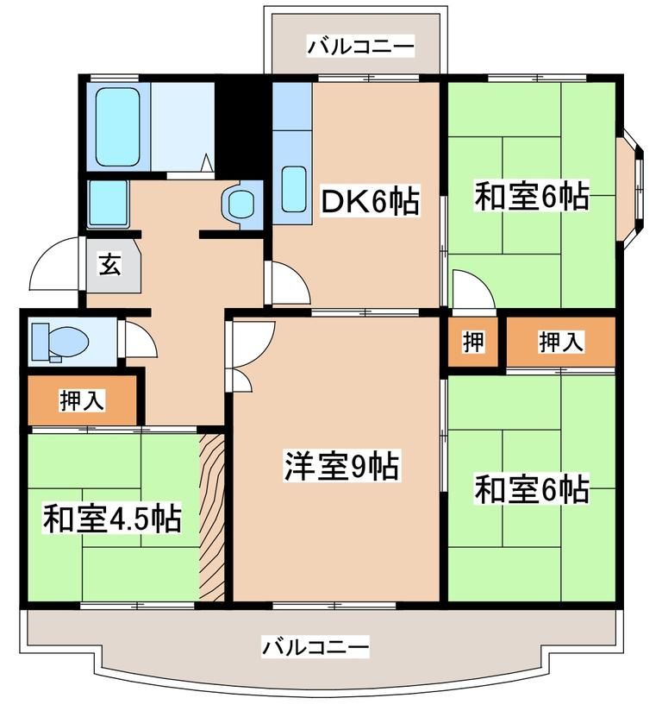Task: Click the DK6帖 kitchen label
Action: [x=370, y=203]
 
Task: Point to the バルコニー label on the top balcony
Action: [x=361, y=46]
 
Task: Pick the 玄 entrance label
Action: [x=109, y=264]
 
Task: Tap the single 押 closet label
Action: [x=472, y=343]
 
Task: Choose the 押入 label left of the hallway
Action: [x=82, y=399]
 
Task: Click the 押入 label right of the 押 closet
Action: [x=561, y=343]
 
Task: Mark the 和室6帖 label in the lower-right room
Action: [x=531, y=490]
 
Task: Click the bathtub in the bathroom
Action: [x=118, y=126]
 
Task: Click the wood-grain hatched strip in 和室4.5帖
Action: [x=212, y=516]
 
